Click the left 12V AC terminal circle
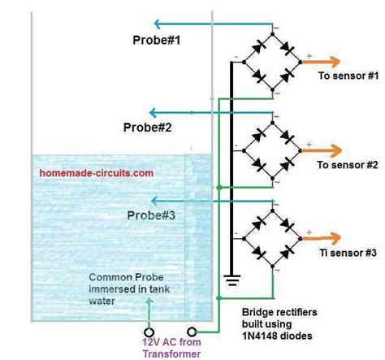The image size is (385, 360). coord(148,332)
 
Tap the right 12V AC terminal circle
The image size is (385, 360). coord(192,332)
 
